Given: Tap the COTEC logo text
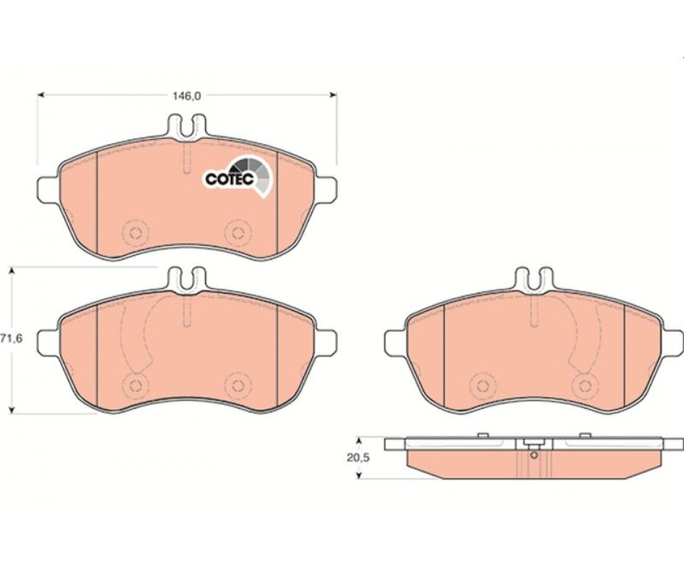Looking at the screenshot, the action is point(229,179).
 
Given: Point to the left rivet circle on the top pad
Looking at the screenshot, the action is point(135,233).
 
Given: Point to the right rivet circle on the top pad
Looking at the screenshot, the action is point(238,233).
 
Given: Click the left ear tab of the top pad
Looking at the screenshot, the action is point(47,190).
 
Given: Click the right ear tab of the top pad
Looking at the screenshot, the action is point(326,190).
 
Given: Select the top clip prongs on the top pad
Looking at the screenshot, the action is point(187,125).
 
